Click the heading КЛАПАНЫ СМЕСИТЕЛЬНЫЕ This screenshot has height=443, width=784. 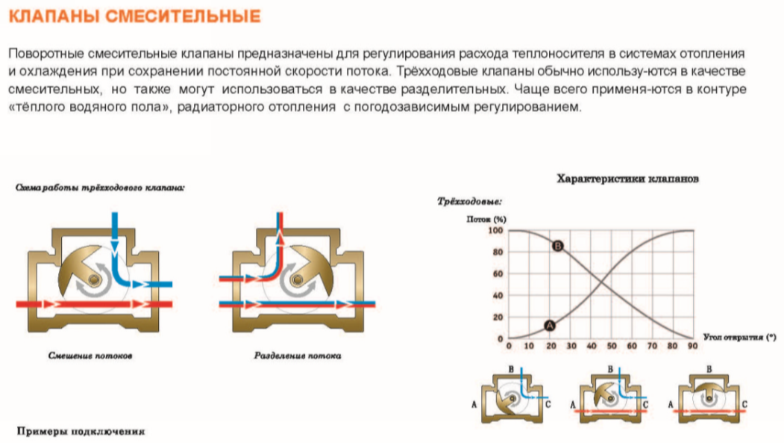point(135,16)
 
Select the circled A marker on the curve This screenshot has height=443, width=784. point(550,325)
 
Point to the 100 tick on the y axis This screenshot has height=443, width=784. point(496,230)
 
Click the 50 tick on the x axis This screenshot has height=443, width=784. point(612,347)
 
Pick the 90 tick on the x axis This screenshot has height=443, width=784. point(693,347)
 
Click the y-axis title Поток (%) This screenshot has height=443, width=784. point(486,220)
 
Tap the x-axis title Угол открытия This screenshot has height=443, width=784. point(734,338)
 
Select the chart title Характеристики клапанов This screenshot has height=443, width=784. point(627,179)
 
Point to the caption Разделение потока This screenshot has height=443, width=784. point(298,356)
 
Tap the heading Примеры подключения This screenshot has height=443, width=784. point(81,432)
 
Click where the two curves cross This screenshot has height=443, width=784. point(601,285)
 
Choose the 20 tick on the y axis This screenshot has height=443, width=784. point(499,317)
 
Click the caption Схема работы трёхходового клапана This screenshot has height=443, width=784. point(100,188)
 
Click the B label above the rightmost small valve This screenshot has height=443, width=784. point(708,369)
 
